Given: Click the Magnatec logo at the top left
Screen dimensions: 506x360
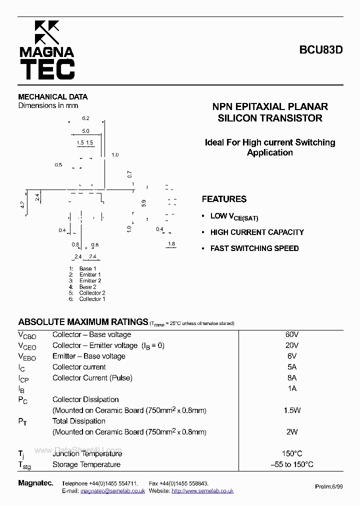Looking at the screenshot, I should click(x=46, y=50).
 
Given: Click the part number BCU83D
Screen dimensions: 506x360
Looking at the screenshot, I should click(x=320, y=50).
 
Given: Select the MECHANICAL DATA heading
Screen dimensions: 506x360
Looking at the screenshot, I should click(x=52, y=96).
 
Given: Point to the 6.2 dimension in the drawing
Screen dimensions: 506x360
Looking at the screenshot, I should click(x=85, y=118).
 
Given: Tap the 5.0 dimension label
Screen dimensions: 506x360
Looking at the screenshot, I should click(x=85, y=131).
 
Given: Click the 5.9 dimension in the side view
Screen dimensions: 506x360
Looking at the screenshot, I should click(x=143, y=202).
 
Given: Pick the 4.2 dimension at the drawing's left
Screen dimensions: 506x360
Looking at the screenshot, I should click(x=22, y=204).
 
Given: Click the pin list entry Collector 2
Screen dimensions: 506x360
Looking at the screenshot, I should click(x=92, y=293).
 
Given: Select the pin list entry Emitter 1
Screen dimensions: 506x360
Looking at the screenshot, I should click(x=90, y=274).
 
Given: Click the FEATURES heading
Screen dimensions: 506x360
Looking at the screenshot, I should click(x=224, y=199).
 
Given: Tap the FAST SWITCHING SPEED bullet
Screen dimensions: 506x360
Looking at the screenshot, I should click(x=254, y=248).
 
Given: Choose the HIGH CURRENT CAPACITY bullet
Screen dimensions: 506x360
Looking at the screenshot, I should click(x=256, y=232).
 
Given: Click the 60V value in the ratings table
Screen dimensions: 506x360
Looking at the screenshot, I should click(x=292, y=334).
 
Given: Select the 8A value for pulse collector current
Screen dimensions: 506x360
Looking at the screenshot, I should click(x=292, y=378).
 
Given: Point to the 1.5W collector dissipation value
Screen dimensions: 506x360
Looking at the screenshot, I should click(x=292, y=410).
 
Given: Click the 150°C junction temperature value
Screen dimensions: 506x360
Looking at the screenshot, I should click(x=292, y=453).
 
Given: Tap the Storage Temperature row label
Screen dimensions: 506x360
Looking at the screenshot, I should click(x=86, y=464).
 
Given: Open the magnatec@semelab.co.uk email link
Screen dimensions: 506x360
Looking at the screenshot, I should click(x=112, y=491).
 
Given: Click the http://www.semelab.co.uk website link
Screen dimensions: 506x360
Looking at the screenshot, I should click(x=202, y=491).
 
